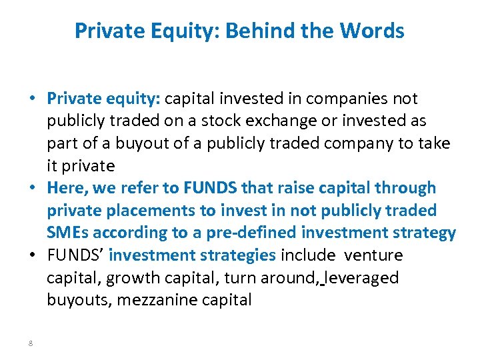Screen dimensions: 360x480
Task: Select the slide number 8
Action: click(31, 343)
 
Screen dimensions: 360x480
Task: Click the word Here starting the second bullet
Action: click(63, 188)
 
